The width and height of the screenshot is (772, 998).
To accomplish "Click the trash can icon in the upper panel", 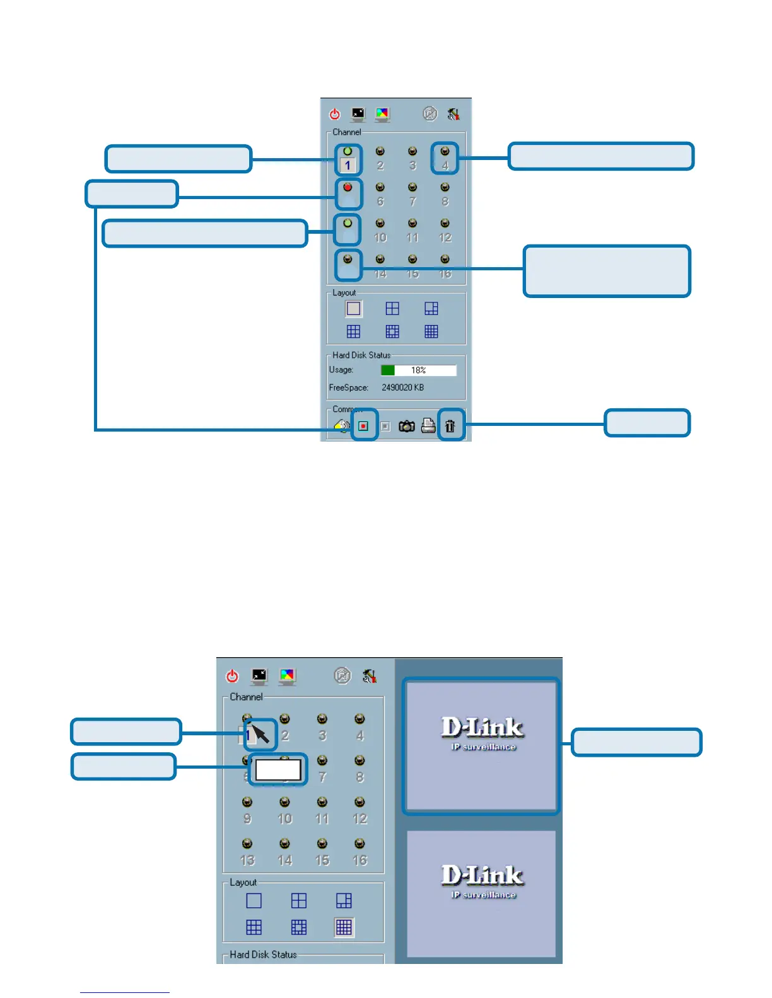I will coord(450,426).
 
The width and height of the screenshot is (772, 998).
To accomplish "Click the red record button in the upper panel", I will coord(363,426).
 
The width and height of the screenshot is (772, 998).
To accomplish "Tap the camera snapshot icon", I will coord(407,427).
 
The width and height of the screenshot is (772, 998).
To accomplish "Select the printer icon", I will coord(428,425).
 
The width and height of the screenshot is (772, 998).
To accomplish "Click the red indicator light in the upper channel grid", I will coord(348,187).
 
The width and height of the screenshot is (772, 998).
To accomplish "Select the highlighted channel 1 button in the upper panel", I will coord(348,165).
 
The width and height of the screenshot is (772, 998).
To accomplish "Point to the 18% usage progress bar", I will coord(418,370).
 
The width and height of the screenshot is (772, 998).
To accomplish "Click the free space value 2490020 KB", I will coord(402,387).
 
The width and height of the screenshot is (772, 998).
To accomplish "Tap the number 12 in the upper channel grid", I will coord(445,238).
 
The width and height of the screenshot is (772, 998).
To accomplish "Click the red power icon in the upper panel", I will coord(335,114).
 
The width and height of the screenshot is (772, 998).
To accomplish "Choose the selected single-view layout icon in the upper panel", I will coord(353,309).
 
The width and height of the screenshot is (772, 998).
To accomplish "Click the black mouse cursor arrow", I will coord(260,734).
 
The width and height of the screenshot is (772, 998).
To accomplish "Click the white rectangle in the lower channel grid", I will coord(278,769).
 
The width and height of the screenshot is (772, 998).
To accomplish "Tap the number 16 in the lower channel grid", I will coord(360,860).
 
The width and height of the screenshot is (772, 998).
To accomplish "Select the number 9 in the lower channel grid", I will coord(247,818).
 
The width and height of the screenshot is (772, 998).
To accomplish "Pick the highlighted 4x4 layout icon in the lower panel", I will coord(344,927).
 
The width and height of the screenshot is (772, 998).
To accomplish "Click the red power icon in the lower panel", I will coord(232,676).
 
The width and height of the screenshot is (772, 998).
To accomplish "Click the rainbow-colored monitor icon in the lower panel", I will coord(287,676).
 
